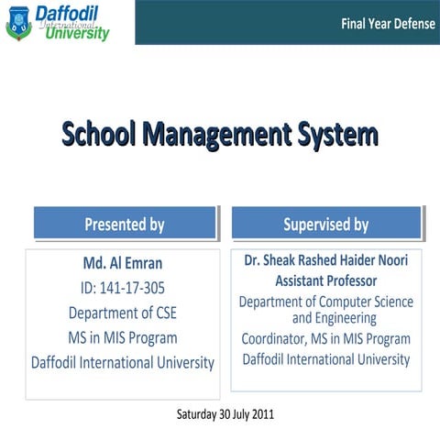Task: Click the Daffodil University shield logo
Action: coord(18,22)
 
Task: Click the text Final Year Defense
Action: coord(388,24)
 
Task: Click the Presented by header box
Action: coord(125,224)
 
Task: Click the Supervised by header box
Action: coord(325,224)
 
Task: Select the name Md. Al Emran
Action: coord(123,263)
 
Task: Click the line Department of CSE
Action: coord(123,313)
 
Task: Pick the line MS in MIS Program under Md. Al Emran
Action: coord(123,337)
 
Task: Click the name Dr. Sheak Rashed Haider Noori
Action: coord(326,260)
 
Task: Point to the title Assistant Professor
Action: coord(326,280)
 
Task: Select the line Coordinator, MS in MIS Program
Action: coord(326,339)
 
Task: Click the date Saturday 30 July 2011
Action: coord(225,414)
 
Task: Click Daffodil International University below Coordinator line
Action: coord(326,359)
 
